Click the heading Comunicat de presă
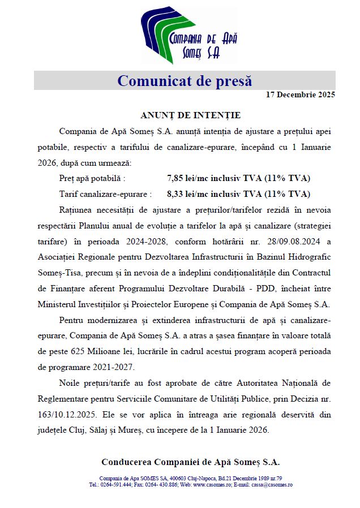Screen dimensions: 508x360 (185, 81)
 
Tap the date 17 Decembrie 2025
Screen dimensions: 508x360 (300, 94)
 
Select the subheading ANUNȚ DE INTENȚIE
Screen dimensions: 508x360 (190, 115)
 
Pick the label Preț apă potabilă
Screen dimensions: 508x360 (92, 178)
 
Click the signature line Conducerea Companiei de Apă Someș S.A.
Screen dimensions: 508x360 (190, 461)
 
